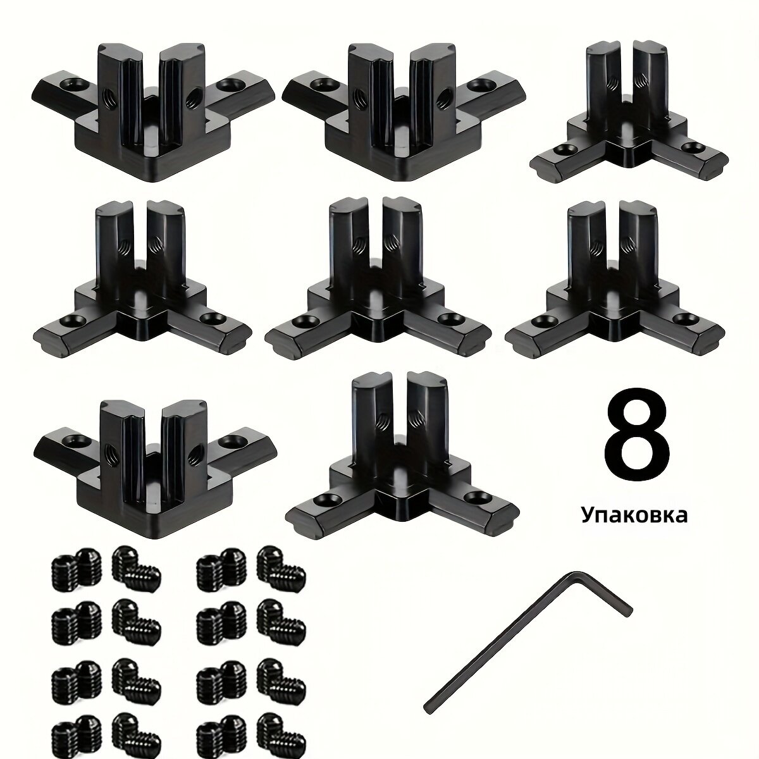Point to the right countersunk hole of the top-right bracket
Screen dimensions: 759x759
[x=694, y=149]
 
